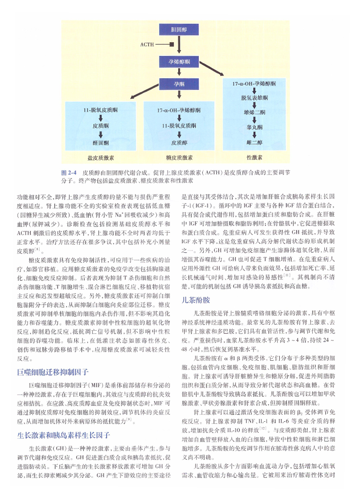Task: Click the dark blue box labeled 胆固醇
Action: [x=178, y=30]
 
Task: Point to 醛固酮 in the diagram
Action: [x=100, y=143]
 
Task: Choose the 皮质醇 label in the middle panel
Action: [x=179, y=143]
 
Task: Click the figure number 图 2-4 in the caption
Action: [x=68, y=173]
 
